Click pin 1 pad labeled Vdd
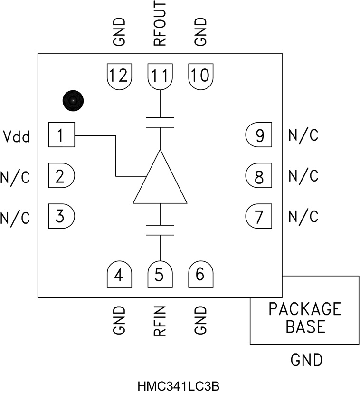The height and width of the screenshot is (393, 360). tap(61, 135)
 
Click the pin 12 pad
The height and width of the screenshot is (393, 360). tap(119, 75)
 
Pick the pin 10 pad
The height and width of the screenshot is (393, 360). tap(201, 75)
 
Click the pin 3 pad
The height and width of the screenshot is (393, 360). tap(61, 217)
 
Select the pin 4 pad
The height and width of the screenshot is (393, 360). tap(119, 274)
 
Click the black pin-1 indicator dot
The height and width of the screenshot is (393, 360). tap(73, 100)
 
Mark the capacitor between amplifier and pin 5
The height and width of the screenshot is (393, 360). tap(160, 230)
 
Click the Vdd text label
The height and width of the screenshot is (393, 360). tap(16, 137)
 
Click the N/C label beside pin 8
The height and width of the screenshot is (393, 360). tap(303, 177)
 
